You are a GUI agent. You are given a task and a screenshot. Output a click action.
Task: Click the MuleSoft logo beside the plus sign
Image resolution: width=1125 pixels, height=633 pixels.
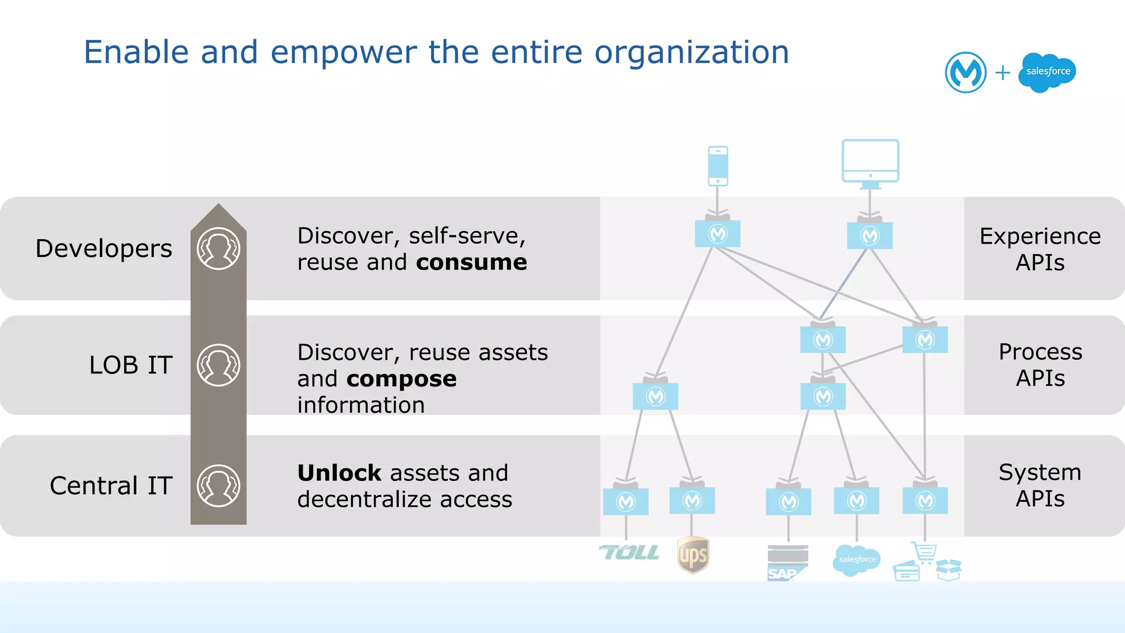click(965, 72)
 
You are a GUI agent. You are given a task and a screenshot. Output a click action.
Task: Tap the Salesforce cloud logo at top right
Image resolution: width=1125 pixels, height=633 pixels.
click(1047, 72)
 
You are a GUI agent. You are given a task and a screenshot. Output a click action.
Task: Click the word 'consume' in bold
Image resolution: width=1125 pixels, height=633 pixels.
click(471, 262)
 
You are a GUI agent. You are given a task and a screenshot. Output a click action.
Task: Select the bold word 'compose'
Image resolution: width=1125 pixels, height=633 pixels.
click(401, 379)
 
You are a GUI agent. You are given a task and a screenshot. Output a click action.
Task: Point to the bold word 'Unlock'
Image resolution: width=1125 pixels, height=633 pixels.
click(339, 473)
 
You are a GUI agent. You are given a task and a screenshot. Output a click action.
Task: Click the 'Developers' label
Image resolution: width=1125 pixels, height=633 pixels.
click(104, 249)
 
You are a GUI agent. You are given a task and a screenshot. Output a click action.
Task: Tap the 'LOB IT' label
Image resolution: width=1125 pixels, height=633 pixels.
click(131, 366)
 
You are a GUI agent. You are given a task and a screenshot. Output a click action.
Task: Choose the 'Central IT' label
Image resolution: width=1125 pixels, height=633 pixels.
click(111, 486)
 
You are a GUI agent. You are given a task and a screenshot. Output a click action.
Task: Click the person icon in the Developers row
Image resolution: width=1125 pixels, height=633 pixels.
click(219, 249)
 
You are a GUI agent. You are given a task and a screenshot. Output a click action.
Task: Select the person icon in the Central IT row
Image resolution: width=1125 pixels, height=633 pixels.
click(219, 486)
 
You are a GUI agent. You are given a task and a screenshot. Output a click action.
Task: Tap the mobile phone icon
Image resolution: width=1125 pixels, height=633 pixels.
click(718, 166)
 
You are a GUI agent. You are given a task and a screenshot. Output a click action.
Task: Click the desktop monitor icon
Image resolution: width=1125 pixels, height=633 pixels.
click(870, 163)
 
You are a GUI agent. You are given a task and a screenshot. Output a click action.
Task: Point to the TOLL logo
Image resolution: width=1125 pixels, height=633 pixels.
click(630, 553)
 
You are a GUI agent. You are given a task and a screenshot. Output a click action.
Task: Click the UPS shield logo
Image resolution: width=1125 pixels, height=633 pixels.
click(693, 555)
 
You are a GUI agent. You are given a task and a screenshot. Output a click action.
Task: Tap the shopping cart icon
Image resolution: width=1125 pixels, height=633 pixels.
click(924, 552)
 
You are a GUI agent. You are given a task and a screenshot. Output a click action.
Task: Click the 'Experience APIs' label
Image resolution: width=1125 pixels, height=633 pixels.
click(1040, 249)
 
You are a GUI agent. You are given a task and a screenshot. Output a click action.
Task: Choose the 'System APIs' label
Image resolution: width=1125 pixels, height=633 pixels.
click(1040, 485)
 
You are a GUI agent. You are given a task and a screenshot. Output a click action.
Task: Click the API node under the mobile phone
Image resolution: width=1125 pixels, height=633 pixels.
click(717, 234)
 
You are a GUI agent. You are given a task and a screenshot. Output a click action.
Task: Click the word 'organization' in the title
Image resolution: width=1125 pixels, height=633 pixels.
click(692, 53)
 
